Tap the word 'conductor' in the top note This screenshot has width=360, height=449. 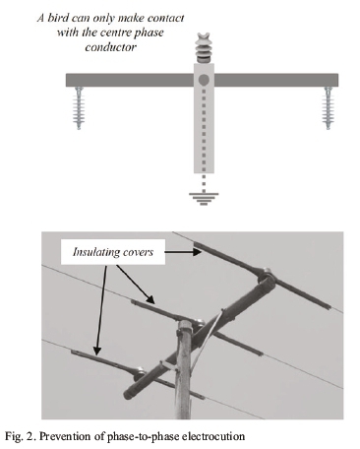(x=111, y=47)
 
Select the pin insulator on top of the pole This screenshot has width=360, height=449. (x=204, y=47)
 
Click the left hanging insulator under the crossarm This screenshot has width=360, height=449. (x=79, y=107)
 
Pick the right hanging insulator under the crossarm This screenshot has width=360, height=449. (x=328, y=107)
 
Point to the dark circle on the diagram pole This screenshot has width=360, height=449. (x=204, y=80)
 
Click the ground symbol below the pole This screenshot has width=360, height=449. (x=204, y=199)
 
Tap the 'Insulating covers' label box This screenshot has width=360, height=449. (x=113, y=252)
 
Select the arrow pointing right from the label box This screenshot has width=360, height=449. (x=183, y=252)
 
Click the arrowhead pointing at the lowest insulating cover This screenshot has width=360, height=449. (x=96, y=351)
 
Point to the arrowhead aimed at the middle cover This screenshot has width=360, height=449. (x=150, y=298)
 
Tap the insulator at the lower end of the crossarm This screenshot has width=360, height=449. (x=140, y=371)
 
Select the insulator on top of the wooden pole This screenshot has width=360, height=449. (x=198, y=323)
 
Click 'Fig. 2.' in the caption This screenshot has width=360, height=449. (x=21, y=437)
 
